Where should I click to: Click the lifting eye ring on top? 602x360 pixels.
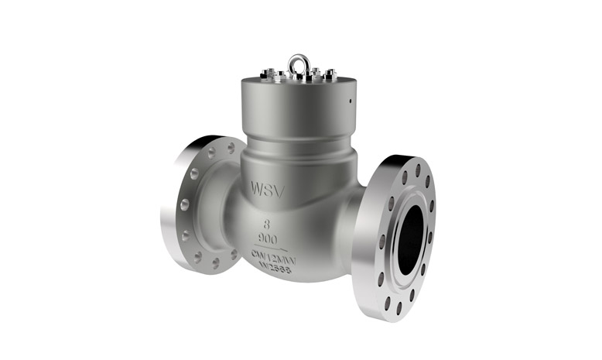299,61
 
